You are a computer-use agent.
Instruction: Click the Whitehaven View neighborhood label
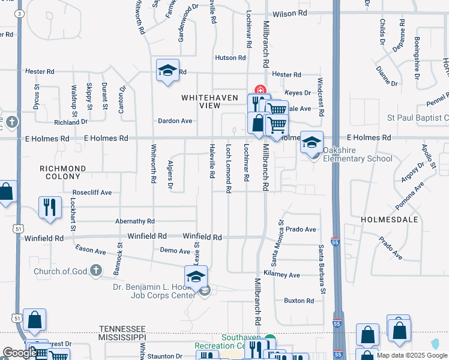click(x=202, y=101)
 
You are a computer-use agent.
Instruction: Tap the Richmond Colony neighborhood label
click(x=63, y=173)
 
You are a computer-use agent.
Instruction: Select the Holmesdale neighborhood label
click(x=385, y=220)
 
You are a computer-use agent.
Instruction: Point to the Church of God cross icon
click(x=95, y=271)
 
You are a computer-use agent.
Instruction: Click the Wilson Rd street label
click(x=289, y=13)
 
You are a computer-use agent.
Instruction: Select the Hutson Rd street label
click(x=231, y=58)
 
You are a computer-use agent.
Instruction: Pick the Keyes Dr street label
click(x=298, y=93)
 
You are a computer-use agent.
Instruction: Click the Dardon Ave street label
click(x=175, y=121)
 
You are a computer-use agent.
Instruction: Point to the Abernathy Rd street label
click(x=135, y=221)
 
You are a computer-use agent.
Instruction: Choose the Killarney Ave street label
click(x=285, y=275)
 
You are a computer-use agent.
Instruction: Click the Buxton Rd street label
click(x=299, y=301)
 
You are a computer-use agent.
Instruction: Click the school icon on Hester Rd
click(x=168, y=70)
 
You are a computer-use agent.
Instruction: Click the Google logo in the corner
click(x=20, y=352)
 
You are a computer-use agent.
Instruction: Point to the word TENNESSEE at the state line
click(x=122, y=329)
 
